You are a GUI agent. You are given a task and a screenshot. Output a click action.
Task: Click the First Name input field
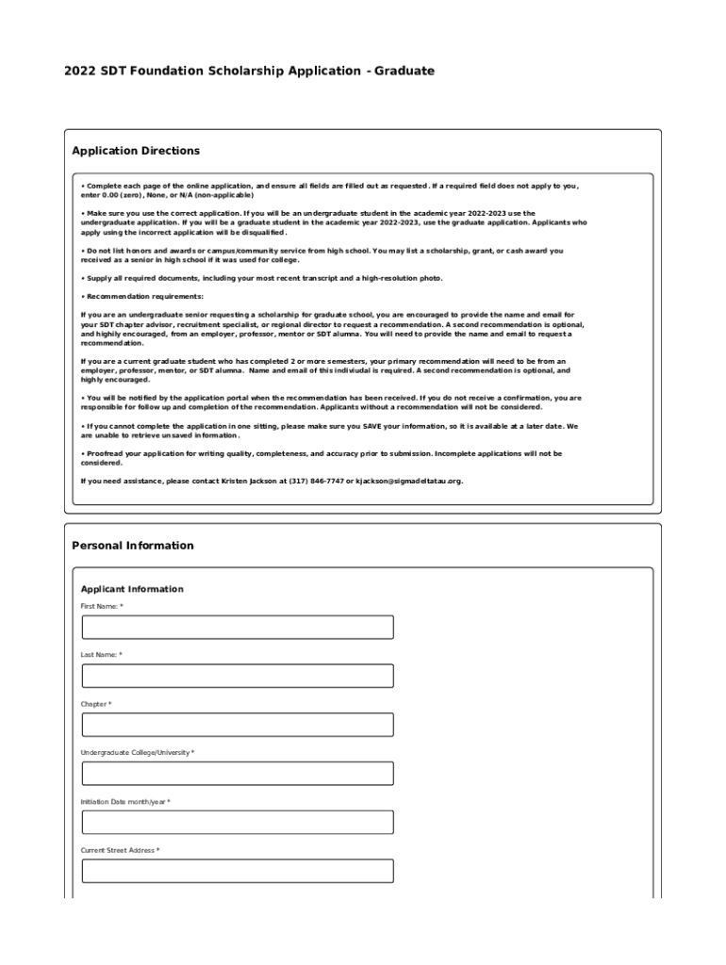pos(238,628)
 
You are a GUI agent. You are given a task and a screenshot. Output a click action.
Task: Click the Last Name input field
pos(238,676)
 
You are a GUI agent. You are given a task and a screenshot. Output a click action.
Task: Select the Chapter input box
pos(238,725)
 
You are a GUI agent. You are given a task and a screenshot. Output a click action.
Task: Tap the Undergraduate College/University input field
pos(238,774)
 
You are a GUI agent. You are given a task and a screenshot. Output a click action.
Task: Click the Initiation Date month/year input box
pos(238,823)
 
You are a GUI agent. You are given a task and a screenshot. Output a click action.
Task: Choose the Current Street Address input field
pos(238,871)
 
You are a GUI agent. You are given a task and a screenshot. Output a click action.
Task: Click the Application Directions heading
pos(136,151)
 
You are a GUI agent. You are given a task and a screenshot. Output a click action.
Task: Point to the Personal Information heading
pos(133,546)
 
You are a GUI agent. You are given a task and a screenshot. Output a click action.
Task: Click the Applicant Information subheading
pos(132,589)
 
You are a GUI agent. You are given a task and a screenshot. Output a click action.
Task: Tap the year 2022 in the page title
pos(80,71)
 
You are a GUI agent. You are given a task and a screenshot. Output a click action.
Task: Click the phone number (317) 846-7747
pos(316,481)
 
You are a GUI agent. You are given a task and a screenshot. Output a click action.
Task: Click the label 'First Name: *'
pos(102,606)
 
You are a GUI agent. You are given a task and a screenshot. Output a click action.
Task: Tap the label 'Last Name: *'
pos(102,655)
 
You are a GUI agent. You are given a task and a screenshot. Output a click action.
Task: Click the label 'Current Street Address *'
pos(120,850)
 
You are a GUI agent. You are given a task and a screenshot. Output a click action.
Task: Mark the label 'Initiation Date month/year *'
pos(125,802)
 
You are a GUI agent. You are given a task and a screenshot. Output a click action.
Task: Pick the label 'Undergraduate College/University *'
pos(138,753)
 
